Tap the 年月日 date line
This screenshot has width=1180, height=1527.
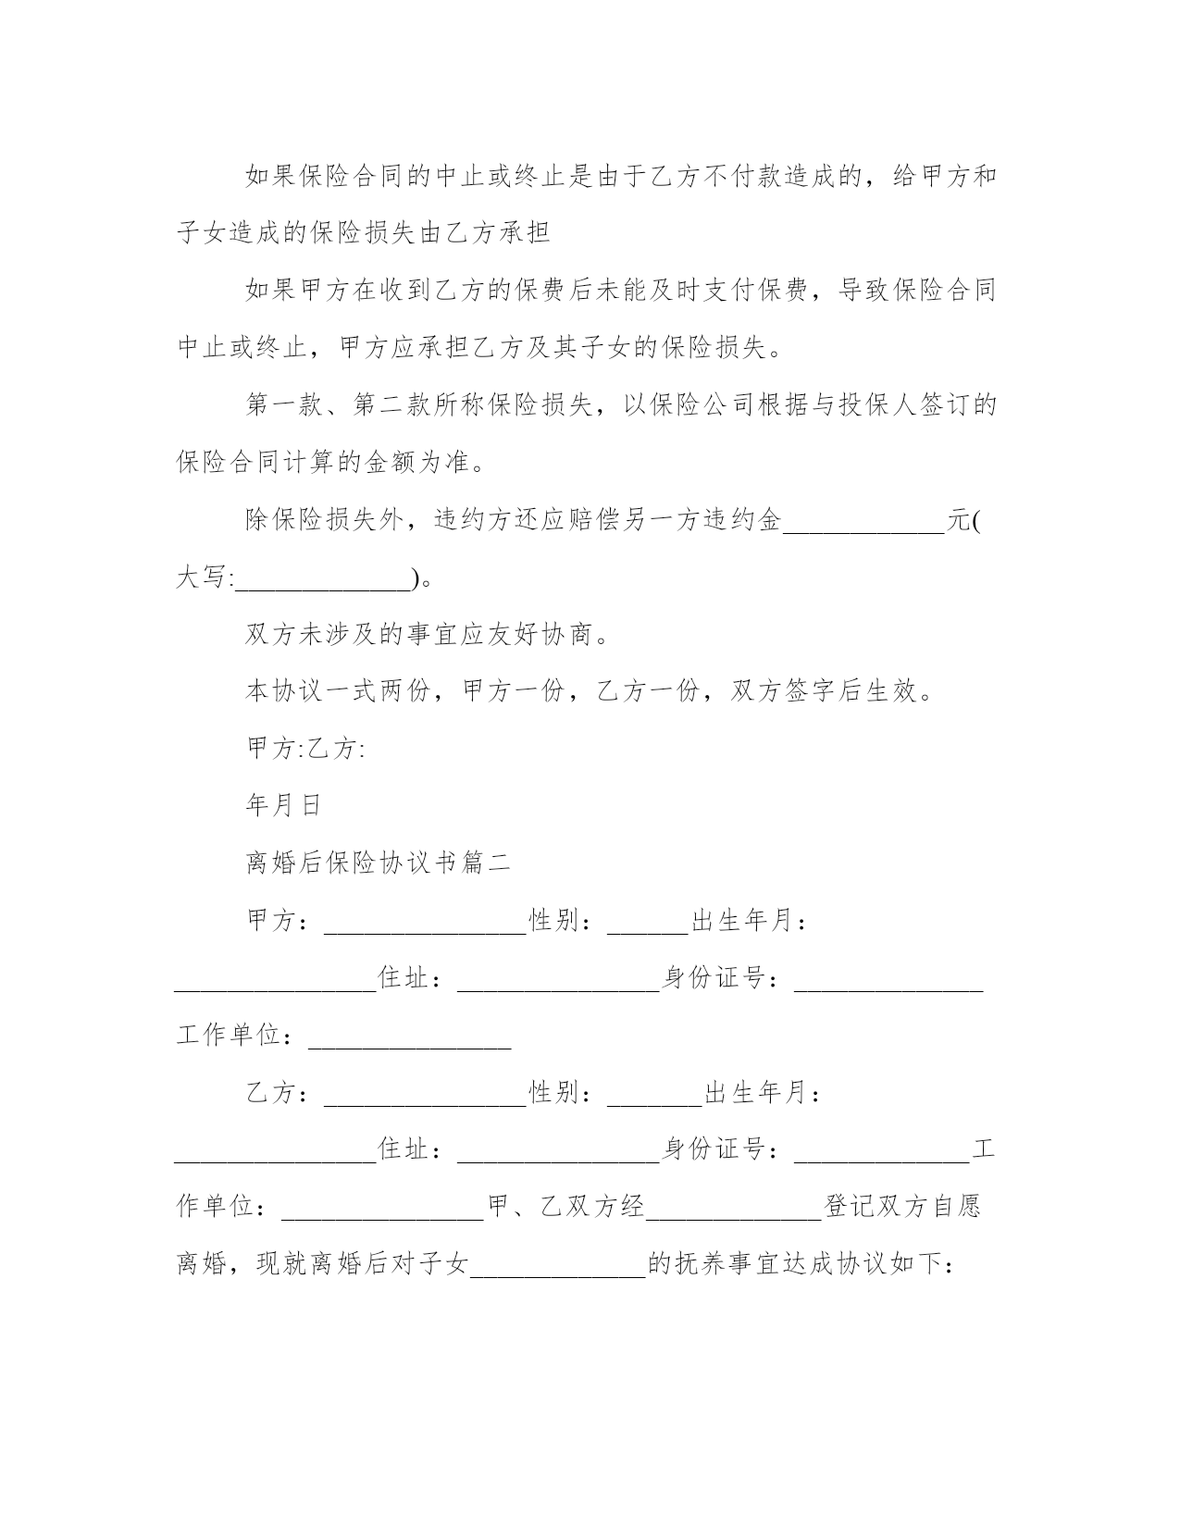pyautogui.click(x=283, y=806)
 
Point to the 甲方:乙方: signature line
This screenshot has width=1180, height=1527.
pyautogui.click(x=306, y=749)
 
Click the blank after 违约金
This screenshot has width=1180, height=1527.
pyautogui.click(x=863, y=521)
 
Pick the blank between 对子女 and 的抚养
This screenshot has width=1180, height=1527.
pyautogui.click(x=558, y=1265)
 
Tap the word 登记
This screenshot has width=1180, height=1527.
pyautogui.click(x=850, y=1208)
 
